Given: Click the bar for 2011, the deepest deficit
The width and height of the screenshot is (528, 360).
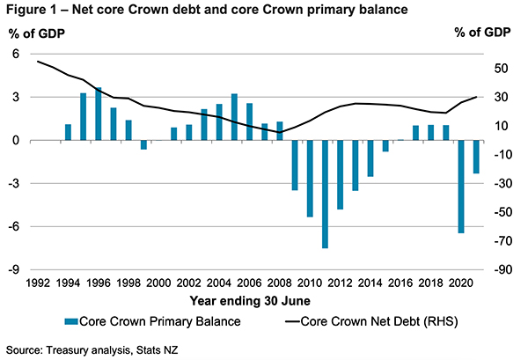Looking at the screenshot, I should pos(325,194).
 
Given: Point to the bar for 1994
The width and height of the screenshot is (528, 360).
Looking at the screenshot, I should pos(68,132).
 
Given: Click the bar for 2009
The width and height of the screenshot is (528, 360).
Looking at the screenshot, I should pos(295,165).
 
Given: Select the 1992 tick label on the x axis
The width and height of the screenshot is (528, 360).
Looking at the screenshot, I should pos(38,283).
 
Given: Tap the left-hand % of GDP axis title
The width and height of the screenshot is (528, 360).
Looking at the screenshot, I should pos(35,33).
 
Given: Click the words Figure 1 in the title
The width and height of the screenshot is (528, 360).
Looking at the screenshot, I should pos(31,11).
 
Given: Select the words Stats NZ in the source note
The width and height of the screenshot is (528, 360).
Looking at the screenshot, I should pos(139,349).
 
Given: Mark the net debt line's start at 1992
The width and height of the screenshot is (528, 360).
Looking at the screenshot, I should pos(38,62).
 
